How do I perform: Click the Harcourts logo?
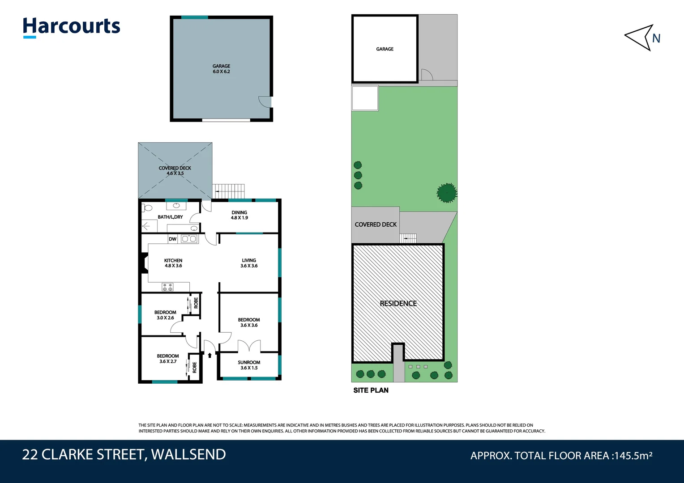(x=72, y=27)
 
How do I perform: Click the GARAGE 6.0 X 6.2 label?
(x=221, y=69)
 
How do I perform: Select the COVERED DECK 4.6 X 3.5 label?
(x=175, y=171)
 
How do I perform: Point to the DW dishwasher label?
(x=173, y=239)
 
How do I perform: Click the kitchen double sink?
(x=189, y=239)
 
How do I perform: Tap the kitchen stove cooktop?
(x=167, y=287)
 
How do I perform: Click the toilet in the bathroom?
(x=147, y=208)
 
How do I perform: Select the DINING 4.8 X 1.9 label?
(x=239, y=215)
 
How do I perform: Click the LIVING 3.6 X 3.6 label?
(x=249, y=263)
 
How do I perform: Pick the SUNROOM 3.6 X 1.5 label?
(x=249, y=365)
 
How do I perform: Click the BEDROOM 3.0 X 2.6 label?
(x=165, y=315)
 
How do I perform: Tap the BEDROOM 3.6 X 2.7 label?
(x=168, y=359)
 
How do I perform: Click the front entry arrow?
(x=209, y=356)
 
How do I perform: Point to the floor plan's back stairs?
(x=228, y=191)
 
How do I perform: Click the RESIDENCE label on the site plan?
(x=398, y=304)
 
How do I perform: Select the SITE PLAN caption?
(x=371, y=390)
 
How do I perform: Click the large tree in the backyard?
(x=447, y=193)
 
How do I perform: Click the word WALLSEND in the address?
(x=188, y=454)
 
